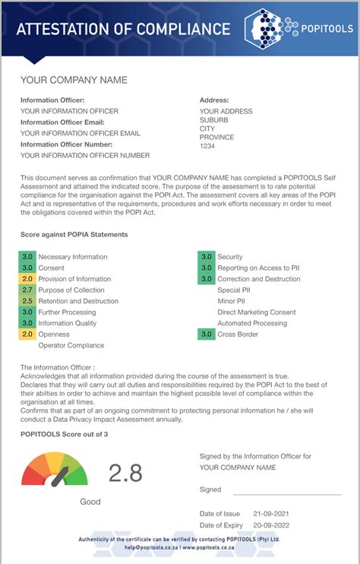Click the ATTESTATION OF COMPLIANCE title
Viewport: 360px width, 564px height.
pos(123,30)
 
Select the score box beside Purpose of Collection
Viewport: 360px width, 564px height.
pos(27,290)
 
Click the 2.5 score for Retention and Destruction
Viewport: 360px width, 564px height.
pos(27,301)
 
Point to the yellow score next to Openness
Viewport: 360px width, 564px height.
pos(27,334)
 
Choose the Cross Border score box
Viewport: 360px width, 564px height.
pos(206,334)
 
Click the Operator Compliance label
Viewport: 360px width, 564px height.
pos(71,346)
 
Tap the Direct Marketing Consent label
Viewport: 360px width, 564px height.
pos(256,312)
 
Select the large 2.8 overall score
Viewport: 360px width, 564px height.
pos(125,473)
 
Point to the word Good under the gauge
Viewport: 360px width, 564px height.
pos(90,502)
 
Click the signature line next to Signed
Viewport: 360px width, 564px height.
pos(282,492)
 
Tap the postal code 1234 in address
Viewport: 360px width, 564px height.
pos(207,147)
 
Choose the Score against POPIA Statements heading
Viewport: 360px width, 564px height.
pos(74,235)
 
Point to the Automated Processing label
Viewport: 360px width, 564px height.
pos(252,324)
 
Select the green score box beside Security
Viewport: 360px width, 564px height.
pos(206,258)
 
